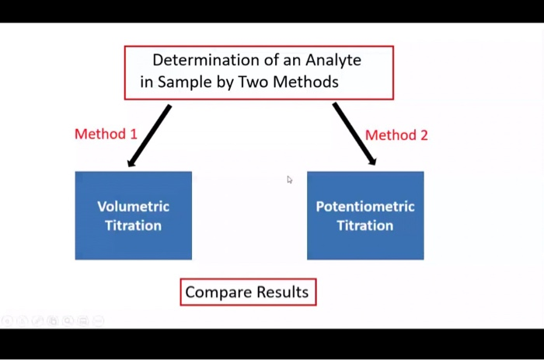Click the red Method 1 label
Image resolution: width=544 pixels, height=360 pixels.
coord(106,134)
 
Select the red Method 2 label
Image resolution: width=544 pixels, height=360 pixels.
coord(396,135)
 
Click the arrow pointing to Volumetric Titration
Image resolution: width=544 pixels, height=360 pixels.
coord(149,136)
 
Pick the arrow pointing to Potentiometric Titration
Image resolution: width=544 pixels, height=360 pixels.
coord(354,134)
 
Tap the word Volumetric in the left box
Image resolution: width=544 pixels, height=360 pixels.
coord(133,207)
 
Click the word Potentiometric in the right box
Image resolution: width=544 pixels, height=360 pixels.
coord(365,207)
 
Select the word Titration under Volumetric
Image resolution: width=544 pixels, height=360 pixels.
coord(133,225)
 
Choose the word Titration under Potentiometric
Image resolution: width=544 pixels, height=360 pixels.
coord(365,225)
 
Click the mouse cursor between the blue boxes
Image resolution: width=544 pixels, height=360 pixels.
coord(289,180)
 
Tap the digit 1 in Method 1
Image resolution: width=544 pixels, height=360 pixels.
coord(134,134)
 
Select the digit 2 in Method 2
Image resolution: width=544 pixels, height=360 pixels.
coord(424,135)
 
